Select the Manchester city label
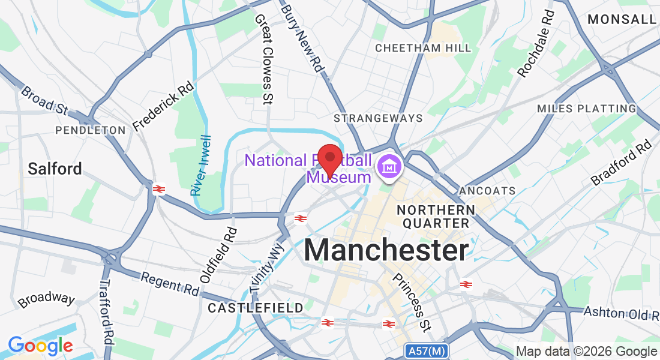(386, 250)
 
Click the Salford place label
(55, 169)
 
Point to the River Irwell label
(200, 164)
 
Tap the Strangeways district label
(378, 118)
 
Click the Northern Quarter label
(436, 217)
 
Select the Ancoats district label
(487, 191)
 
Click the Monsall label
(622, 19)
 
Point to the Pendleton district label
(91, 130)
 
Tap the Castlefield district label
(256, 308)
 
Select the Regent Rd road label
(169, 284)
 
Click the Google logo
(40, 346)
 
